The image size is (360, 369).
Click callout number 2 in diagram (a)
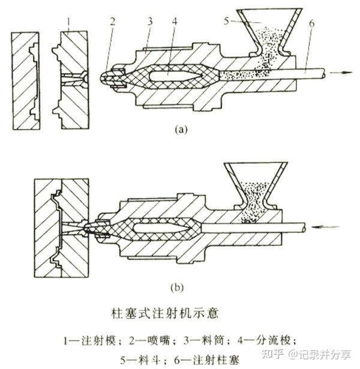[x=112, y=22]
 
